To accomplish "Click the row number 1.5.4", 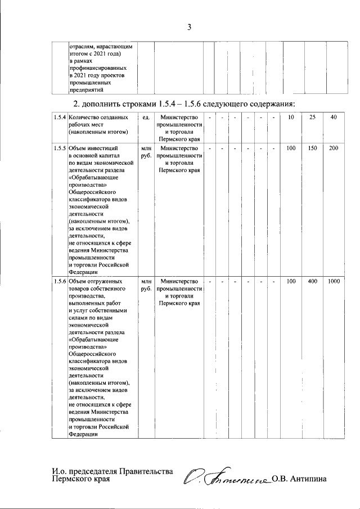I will pos(57,117).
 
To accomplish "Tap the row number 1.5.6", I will pos(57,281).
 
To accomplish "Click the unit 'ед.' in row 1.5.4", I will pos(146,117).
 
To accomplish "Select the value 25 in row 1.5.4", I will pos(313,117).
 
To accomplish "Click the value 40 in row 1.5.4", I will pos(334,117).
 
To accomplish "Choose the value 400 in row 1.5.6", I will pos(313,281).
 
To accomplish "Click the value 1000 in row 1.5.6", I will pos(334,281).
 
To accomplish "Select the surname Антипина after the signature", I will pos(307,479).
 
